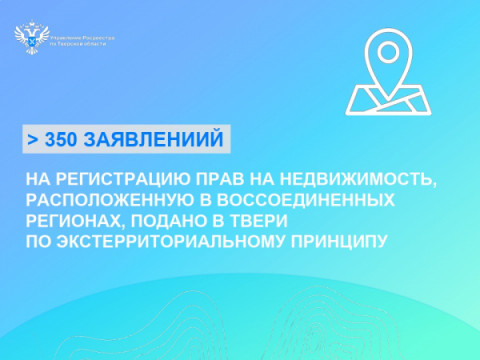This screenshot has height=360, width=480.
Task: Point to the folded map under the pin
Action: pos(384,98)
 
